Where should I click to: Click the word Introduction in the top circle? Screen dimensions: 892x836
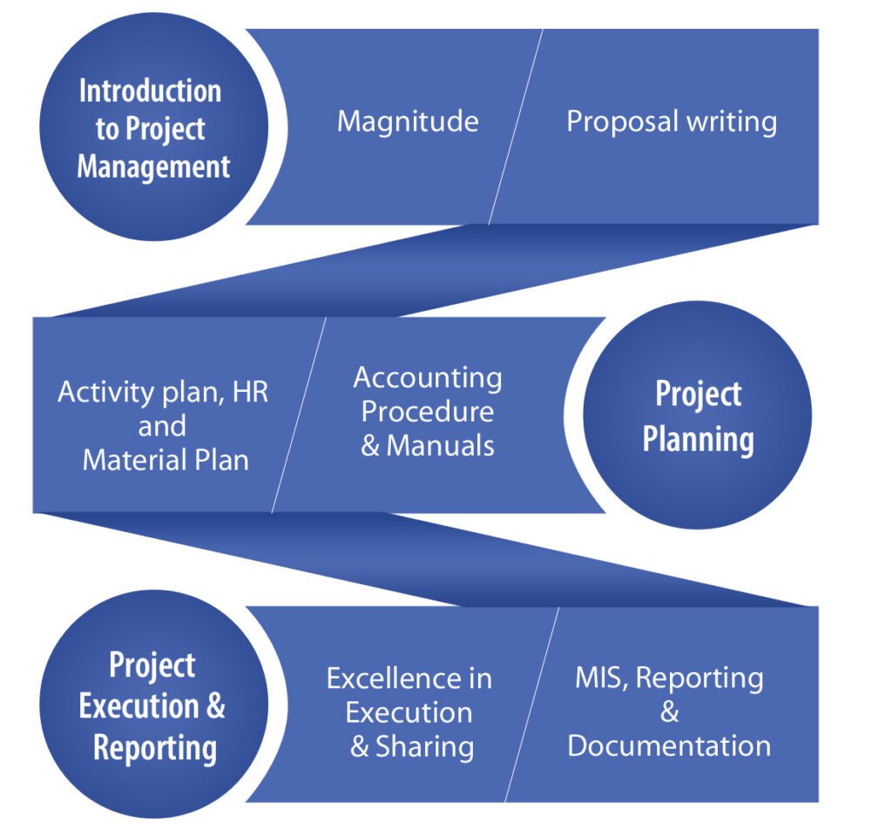click(150, 91)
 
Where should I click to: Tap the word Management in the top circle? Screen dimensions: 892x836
click(153, 167)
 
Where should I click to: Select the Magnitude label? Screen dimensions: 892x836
click(408, 122)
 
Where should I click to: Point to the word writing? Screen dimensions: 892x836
click(732, 123)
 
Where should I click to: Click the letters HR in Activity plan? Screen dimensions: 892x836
click(250, 393)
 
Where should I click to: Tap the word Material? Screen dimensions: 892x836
click(135, 460)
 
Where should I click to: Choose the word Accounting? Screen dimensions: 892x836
click(428, 379)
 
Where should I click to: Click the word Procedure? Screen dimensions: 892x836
click(427, 412)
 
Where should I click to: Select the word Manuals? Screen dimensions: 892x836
click(440, 446)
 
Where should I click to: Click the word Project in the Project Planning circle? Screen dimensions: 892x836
click(699, 394)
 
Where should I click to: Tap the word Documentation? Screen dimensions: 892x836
click(669, 746)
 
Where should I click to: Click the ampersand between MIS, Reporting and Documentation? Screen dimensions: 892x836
click(670, 712)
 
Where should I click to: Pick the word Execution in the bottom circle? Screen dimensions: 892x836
click(139, 706)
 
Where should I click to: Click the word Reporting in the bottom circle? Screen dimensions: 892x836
click(155, 749)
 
